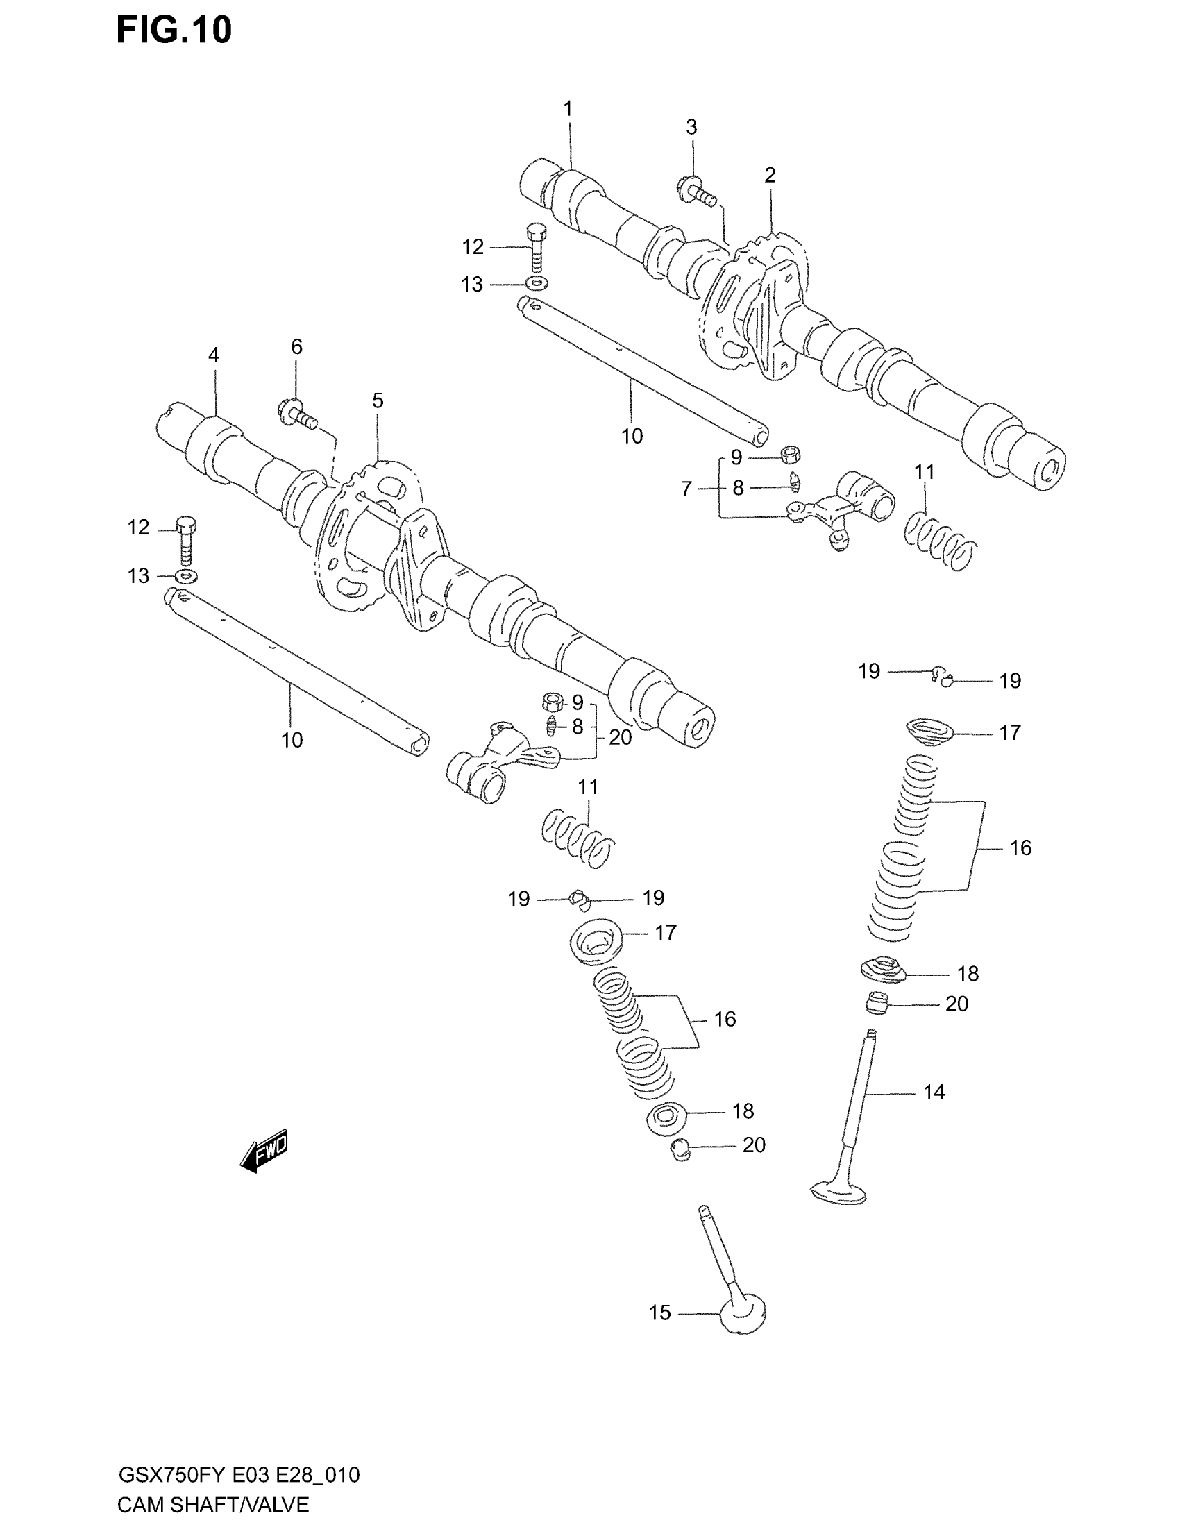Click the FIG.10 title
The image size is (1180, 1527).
174,31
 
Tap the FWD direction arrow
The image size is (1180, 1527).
264,1149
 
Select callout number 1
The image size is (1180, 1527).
568,109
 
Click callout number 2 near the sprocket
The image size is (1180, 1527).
770,176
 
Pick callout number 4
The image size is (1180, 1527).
214,355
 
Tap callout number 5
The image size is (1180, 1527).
378,401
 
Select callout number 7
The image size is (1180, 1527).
686,489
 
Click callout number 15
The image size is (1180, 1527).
659,1313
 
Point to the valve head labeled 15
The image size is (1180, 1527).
743,1317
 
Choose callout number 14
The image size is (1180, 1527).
934,1092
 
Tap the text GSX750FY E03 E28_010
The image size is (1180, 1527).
239,1475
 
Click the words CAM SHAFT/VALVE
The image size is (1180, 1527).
213,1505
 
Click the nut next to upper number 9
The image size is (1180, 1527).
791,456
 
